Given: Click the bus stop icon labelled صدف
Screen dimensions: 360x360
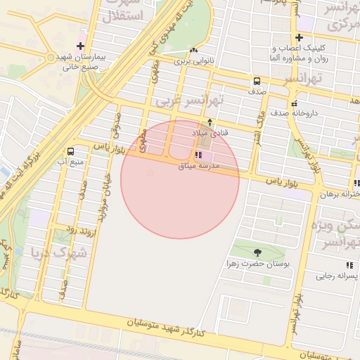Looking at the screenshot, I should [x=257, y=81].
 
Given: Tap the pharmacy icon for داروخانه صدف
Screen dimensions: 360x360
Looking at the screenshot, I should [x=294, y=103].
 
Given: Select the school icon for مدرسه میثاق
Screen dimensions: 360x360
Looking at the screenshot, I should [x=196, y=155].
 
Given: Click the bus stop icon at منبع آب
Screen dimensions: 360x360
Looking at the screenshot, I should [x=70, y=151].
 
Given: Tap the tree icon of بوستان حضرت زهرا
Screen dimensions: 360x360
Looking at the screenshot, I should [x=257, y=252].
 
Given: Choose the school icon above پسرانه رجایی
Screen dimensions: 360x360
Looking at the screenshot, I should [x=349, y=265].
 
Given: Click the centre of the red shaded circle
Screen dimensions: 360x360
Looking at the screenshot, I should [x=180, y=179].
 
